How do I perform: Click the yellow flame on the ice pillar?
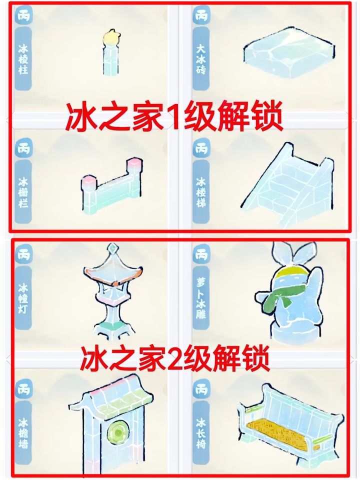point(111,36)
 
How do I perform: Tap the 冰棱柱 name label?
point(23,59)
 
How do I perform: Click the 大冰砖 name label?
point(201,59)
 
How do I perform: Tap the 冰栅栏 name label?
point(23,192)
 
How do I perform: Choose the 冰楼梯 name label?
point(201,192)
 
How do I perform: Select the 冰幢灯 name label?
point(23,298)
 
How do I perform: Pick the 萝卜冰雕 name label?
point(201,298)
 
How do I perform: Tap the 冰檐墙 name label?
point(23,432)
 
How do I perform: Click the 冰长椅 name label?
point(201,432)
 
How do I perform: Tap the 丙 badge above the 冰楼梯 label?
point(201,148)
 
